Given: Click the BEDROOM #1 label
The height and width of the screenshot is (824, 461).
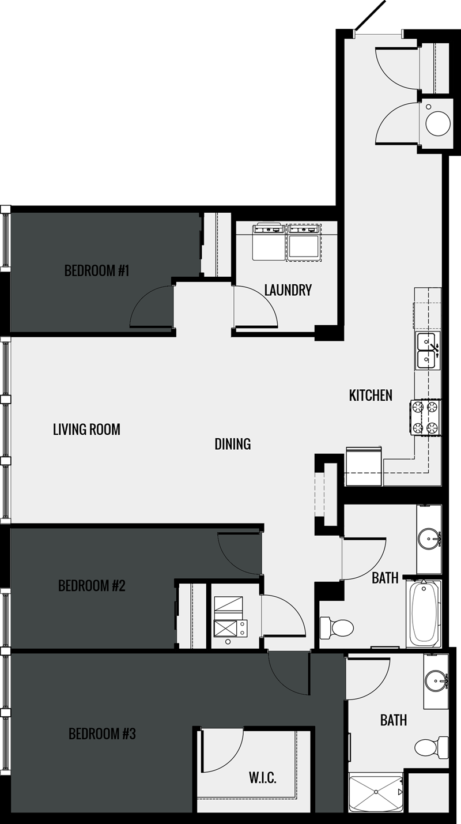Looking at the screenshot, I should [x=96, y=270].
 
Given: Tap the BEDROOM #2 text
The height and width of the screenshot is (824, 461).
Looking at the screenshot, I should [x=92, y=586].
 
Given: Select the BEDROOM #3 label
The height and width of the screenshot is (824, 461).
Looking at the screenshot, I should [x=102, y=734].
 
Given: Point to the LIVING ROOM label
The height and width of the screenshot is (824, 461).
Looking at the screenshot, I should [x=86, y=430].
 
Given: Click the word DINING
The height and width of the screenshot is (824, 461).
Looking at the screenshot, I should [x=233, y=444].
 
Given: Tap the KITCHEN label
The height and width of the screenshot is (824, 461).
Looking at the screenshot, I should [x=371, y=396].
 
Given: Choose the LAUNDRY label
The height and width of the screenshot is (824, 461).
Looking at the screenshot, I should [x=288, y=290].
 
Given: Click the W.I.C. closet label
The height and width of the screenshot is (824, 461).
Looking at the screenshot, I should [x=262, y=778].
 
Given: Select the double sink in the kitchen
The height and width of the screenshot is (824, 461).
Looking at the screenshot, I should [x=428, y=351].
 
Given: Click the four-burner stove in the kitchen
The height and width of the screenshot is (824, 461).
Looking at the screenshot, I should [x=425, y=417].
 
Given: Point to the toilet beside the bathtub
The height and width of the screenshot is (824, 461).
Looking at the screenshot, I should [x=337, y=627].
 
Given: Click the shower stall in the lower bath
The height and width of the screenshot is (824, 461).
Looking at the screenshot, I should [x=376, y=793].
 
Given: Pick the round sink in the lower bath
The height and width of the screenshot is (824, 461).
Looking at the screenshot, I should [x=437, y=681].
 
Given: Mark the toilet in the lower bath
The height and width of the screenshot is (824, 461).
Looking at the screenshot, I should [x=429, y=747].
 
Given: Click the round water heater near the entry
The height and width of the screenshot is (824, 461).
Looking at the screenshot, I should [x=438, y=122].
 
